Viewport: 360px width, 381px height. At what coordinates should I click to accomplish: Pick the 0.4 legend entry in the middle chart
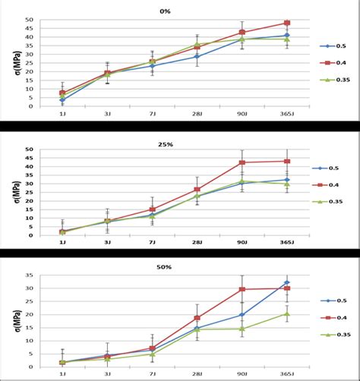(x=329, y=184)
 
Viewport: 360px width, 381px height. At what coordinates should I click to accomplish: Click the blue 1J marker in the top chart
(x=63, y=99)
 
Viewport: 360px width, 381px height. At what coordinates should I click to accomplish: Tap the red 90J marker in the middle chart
(x=242, y=162)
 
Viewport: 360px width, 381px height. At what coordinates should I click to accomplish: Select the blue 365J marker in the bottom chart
(x=287, y=282)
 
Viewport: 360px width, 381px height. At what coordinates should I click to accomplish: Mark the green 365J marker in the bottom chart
(x=287, y=313)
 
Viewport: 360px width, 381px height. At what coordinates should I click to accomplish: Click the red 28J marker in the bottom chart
(x=197, y=318)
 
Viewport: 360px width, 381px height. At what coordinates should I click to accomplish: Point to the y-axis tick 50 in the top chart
(x=29, y=20)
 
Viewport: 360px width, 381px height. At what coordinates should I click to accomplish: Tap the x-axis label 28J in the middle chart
(x=197, y=242)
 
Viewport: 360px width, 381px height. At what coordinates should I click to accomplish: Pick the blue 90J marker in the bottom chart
(x=242, y=314)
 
